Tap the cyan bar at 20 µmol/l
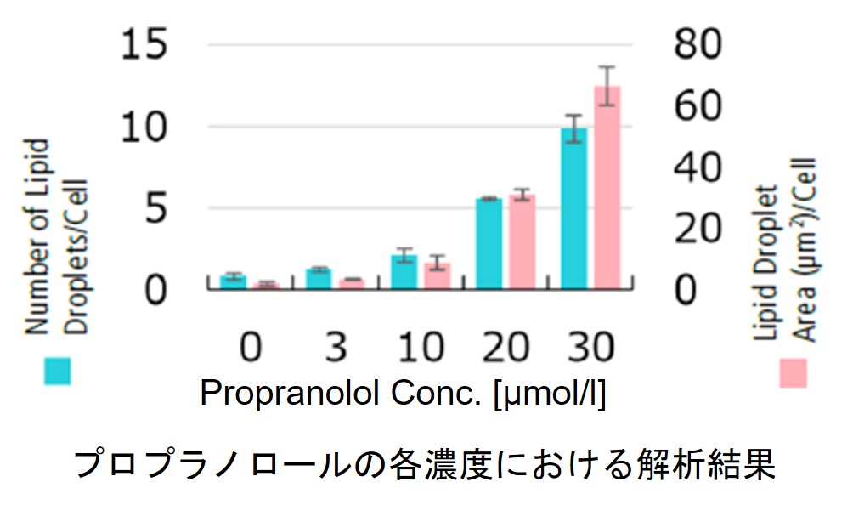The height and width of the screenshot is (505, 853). [x=489, y=244]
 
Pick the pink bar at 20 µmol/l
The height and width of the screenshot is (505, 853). [x=522, y=242]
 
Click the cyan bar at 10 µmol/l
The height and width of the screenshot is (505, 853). [x=404, y=272]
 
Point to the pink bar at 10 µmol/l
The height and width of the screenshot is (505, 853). [x=437, y=276]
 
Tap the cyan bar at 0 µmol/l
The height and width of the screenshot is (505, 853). [x=233, y=282]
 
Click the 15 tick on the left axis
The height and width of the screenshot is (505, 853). [x=155, y=44]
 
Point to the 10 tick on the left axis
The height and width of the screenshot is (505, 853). [x=155, y=128]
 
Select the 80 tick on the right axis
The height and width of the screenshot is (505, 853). [x=702, y=44]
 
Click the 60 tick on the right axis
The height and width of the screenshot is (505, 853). [x=702, y=105]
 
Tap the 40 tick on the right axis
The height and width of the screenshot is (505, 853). [x=702, y=167]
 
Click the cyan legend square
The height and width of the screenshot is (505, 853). [x=57, y=371]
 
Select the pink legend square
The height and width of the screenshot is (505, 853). [x=793, y=372]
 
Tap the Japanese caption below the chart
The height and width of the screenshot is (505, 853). [x=426, y=463]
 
